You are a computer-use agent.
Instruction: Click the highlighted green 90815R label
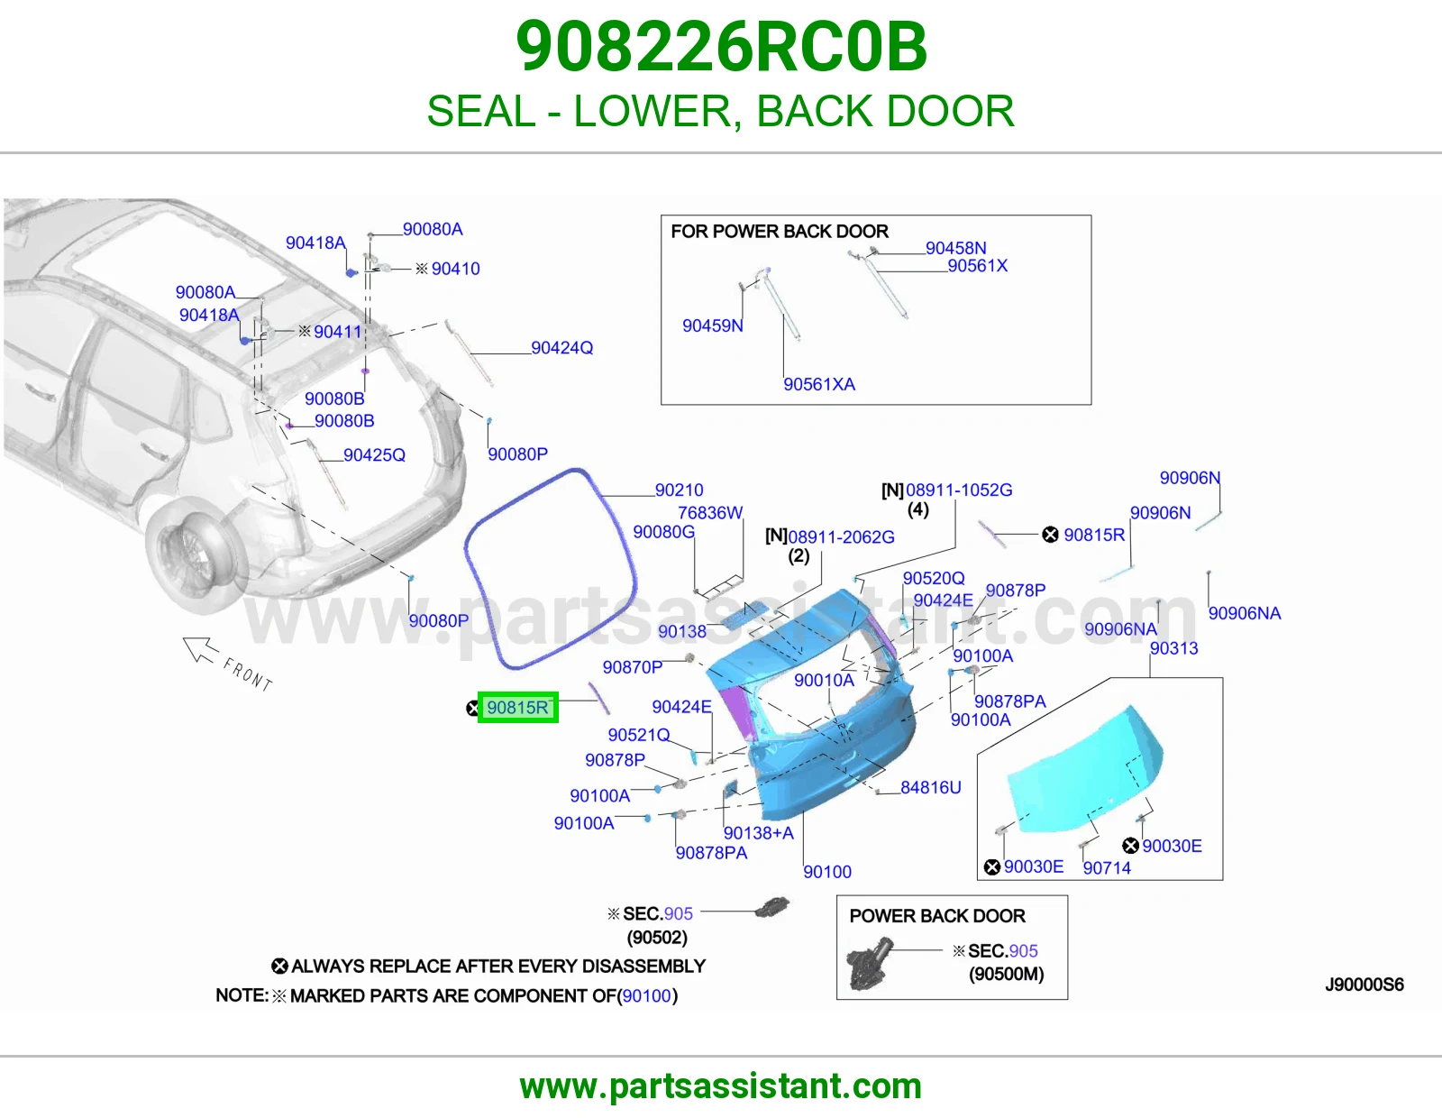517,707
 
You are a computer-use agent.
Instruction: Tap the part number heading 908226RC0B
721,47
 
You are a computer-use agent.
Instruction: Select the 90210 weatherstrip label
679,490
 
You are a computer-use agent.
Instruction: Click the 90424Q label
561,348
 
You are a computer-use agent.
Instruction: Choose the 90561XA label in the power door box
819,384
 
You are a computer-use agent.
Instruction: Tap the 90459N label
713,326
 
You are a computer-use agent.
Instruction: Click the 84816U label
930,787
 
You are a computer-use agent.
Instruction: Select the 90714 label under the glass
1107,867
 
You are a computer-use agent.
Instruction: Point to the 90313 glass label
1174,648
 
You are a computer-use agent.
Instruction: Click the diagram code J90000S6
1364,985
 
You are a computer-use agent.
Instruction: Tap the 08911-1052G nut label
959,490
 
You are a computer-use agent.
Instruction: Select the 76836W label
710,512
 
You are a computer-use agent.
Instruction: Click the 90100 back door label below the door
826,872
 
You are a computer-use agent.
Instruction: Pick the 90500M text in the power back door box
1006,975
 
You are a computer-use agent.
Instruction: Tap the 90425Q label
374,454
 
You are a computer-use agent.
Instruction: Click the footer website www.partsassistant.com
721,1086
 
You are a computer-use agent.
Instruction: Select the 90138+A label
759,833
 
